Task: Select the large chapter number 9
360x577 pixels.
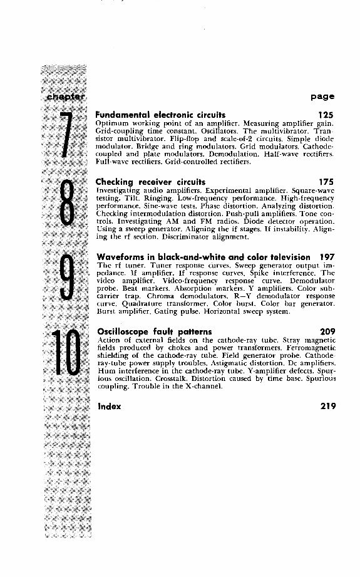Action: click(x=68, y=281)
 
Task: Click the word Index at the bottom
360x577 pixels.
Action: click(x=108, y=405)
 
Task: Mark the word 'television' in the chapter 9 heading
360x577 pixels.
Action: click(x=287, y=257)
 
